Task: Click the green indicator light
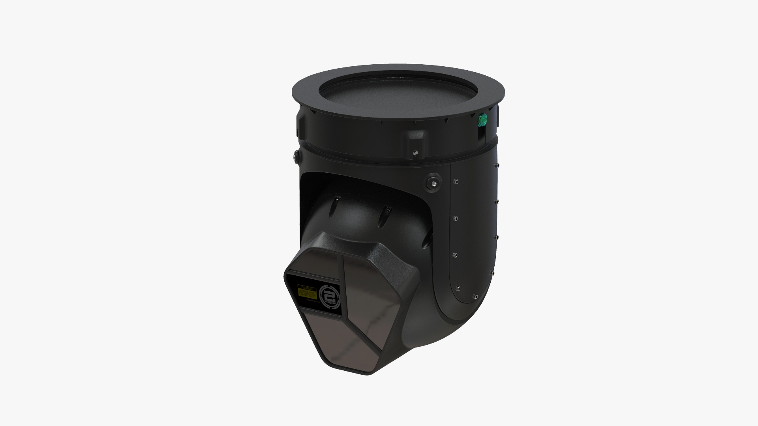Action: [x=482, y=119]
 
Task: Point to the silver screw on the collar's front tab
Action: [x=415, y=152]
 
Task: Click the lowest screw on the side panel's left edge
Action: [x=458, y=288]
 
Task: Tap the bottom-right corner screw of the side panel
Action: [x=477, y=296]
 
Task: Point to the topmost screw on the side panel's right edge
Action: [x=498, y=165]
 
